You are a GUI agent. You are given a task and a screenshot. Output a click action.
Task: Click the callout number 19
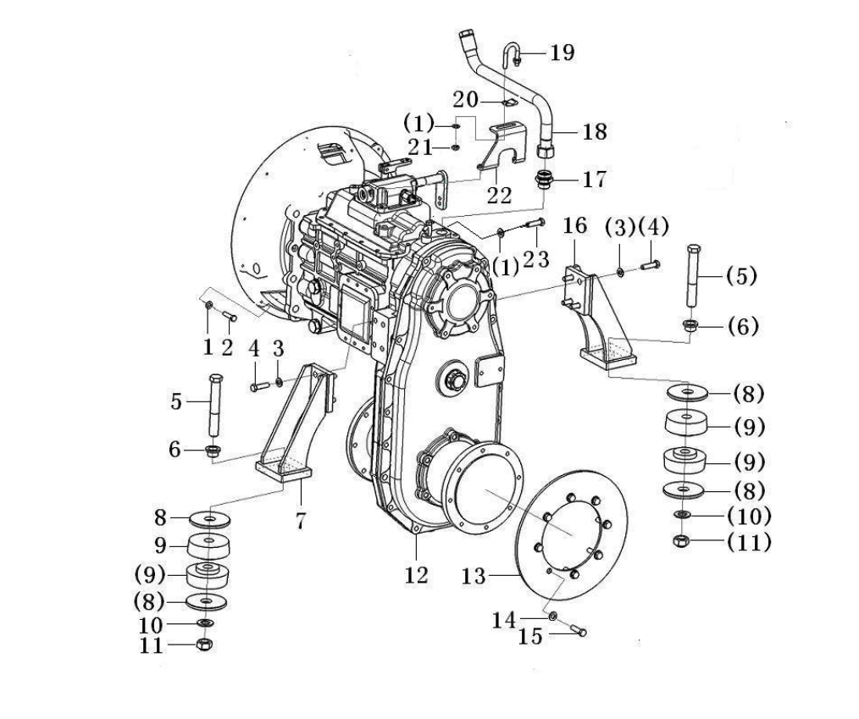pos(563,53)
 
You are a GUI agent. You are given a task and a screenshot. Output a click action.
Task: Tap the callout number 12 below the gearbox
pos(416,575)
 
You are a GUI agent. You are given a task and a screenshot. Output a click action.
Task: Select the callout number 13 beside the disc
pos(474,576)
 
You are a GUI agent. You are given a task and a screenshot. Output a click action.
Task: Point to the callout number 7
pos(300,521)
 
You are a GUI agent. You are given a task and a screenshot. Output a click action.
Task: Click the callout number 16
pos(575,225)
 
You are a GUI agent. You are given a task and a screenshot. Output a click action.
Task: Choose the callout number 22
pos(499,195)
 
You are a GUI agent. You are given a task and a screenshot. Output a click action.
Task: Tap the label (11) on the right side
pos(750,543)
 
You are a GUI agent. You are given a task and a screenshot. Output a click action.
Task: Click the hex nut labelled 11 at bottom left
pos(204,644)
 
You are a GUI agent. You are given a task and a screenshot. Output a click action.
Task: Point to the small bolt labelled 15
pos(578,629)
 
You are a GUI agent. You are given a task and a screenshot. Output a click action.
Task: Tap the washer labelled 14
pos(553,616)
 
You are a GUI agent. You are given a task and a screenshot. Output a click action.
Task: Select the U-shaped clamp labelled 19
pos(510,55)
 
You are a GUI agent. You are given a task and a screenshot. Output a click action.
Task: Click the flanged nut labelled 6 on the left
pos(212,451)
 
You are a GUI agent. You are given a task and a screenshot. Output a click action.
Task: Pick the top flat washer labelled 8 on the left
pos(209,518)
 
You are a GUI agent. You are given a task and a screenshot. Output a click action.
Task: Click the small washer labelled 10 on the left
pos(206,623)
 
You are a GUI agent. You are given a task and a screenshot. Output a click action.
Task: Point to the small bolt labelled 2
pos(229,315)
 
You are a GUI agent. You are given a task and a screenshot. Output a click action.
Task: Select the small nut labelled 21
pos(455,147)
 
